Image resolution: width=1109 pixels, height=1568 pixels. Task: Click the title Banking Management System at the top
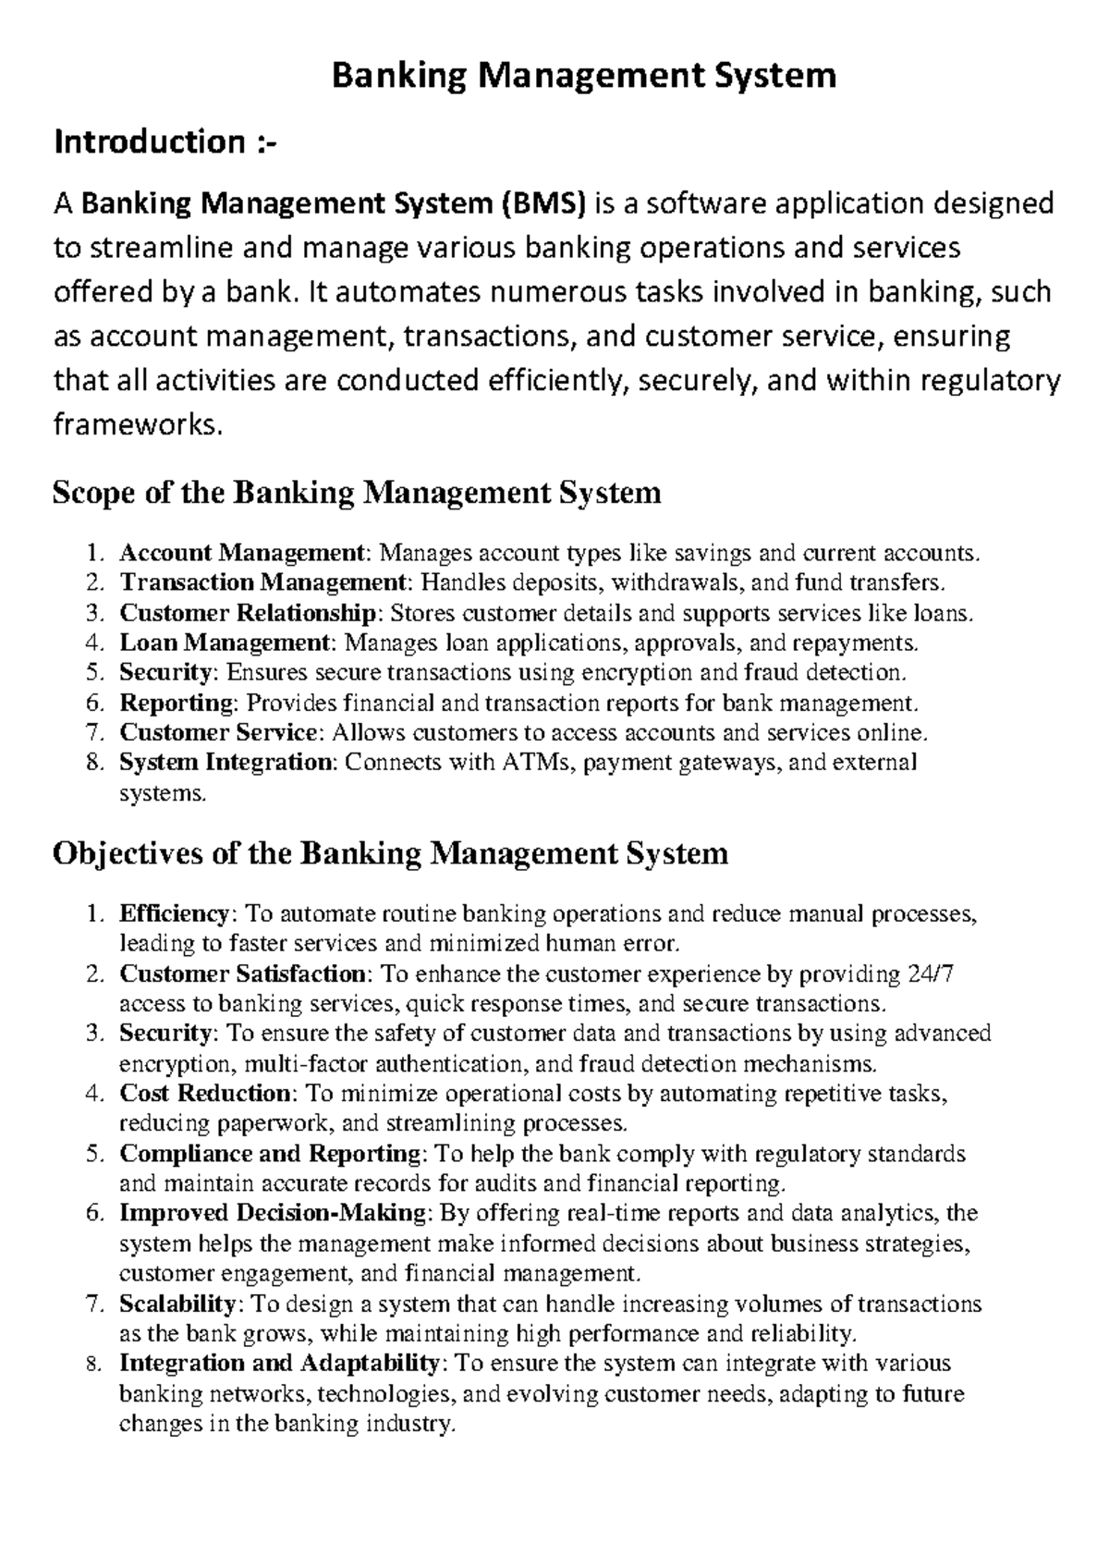coord(584,75)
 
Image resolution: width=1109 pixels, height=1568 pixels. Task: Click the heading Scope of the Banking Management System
coord(357,493)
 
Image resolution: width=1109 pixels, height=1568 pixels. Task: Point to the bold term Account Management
coord(242,554)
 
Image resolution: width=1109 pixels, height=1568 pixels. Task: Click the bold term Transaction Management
coord(262,583)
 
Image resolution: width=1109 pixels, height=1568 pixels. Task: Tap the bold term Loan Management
coord(225,643)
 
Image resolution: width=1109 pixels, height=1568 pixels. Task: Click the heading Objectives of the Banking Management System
coord(390,852)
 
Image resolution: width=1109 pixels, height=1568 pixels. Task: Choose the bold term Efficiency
coord(174,914)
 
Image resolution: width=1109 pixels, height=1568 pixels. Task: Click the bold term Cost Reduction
coord(205,1094)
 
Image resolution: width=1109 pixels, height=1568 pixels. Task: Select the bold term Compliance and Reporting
coord(271,1154)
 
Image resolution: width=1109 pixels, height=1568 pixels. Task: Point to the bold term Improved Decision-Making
coord(274,1213)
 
